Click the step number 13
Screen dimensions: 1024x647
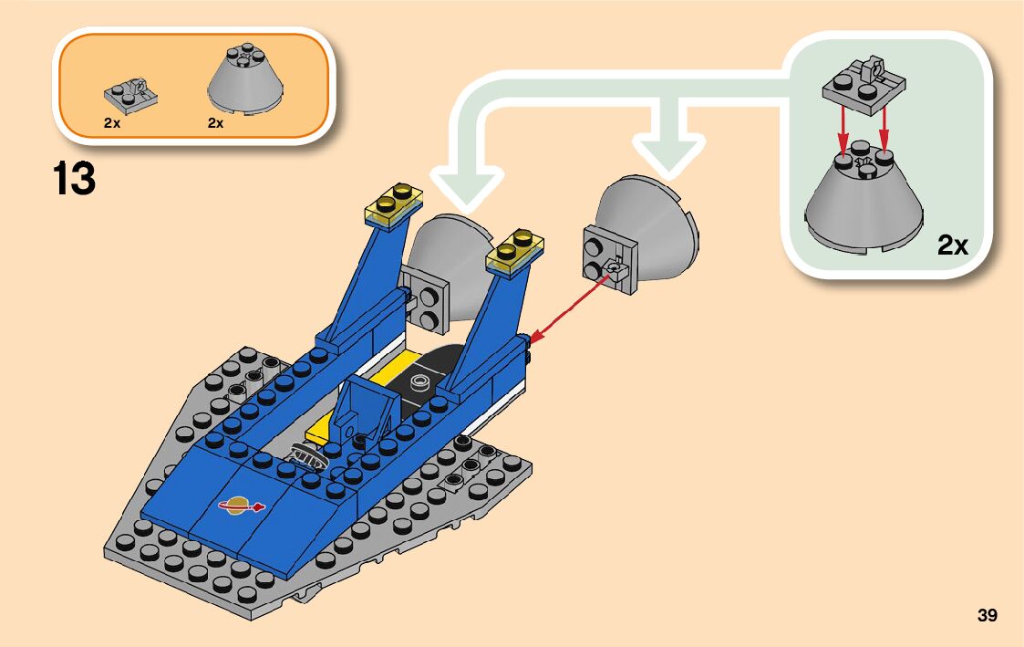tap(75, 179)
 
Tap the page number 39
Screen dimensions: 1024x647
tap(987, 615)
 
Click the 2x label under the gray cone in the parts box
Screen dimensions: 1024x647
tap(215, 123)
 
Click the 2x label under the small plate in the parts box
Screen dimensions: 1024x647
tap(112, 123)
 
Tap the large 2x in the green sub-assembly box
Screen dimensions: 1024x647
tap(952, 245)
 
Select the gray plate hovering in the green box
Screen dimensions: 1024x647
tap(864, 83)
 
